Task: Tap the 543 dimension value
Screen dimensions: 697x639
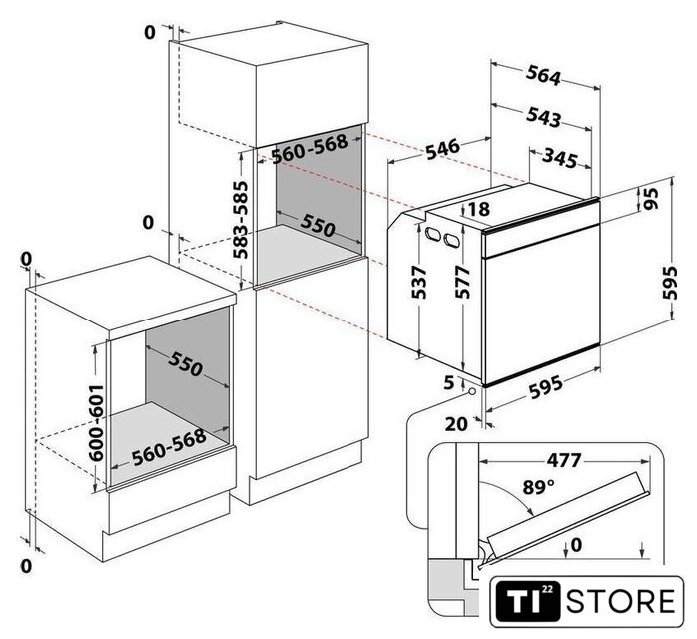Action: (x=543, y=117)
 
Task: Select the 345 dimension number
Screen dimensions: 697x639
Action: (x=560, y=158)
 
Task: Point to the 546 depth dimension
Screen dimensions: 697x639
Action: (x=442, y=149)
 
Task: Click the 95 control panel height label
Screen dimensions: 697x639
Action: (x=649, y=198)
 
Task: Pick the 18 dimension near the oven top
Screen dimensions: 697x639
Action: (x=478, y=209)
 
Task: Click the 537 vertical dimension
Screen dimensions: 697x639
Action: (x=419, y=283)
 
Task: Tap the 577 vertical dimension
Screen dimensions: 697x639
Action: (x=462, y=282)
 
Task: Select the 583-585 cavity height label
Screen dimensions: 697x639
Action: (x=241, y=219)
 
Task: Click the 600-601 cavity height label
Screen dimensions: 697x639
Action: (x=96, y=422)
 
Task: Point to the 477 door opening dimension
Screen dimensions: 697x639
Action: (x=564, y=460)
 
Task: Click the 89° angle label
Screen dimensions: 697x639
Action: (x=539, y=487)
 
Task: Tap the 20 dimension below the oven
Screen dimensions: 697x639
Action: (x=456, y=424)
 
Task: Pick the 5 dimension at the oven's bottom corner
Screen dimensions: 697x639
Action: (x=449, y=382)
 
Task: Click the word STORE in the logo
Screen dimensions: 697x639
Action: (x=620, y=601)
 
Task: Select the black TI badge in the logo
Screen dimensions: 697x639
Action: (x=528, y=602)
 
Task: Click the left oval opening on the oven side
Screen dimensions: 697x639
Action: (x=432, y=233)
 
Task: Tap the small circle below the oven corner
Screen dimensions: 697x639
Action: (x=471, y=392)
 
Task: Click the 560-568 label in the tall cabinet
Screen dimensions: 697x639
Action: (x=310, y=148)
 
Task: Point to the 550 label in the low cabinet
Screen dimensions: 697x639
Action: (x=186, y=364)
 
